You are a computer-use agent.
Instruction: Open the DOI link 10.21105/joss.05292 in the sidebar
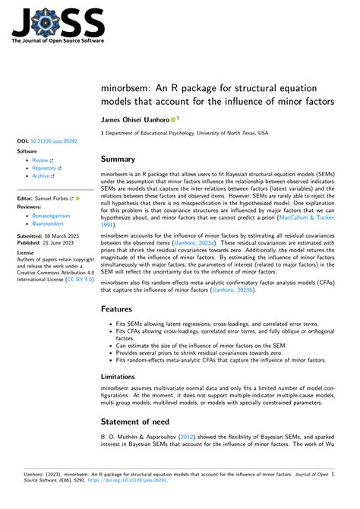(54, 141)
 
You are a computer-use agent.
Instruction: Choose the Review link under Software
(40, 161)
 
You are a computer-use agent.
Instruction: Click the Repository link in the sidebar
(45, 169)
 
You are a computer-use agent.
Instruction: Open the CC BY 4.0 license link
(79, 279)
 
